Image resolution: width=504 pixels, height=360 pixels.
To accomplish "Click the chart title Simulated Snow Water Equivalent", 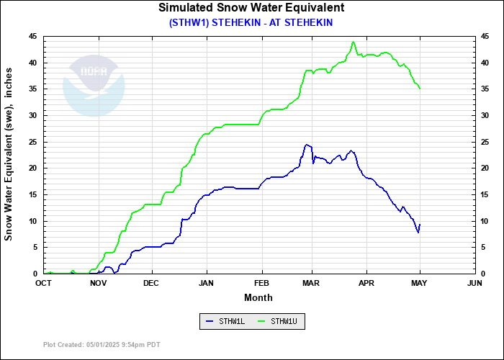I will (251, 8).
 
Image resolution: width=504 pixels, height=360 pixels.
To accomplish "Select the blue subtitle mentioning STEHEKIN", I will (251, 22).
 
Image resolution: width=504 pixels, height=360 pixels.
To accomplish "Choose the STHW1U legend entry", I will (278, 322).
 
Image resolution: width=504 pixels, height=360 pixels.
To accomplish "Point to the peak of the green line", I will (354, 42).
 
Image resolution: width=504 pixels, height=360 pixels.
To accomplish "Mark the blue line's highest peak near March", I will (307, 145).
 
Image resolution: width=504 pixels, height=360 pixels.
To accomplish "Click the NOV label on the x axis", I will (98, 284).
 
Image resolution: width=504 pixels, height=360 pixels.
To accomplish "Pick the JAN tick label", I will (207, 284).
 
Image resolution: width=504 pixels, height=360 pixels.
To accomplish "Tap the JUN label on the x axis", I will (474, 284).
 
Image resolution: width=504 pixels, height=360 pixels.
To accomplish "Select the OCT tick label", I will (44, 284).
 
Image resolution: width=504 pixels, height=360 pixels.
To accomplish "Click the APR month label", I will (367, 284).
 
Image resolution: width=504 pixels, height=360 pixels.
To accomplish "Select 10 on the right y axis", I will (485, 221).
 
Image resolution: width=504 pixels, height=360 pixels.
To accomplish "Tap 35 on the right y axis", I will (485, 89).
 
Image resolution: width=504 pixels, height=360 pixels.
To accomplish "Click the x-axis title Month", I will (258, 297).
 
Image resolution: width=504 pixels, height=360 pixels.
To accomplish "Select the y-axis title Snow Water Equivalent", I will (9, 155).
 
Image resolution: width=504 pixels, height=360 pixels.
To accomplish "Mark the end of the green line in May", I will (420, 89).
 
